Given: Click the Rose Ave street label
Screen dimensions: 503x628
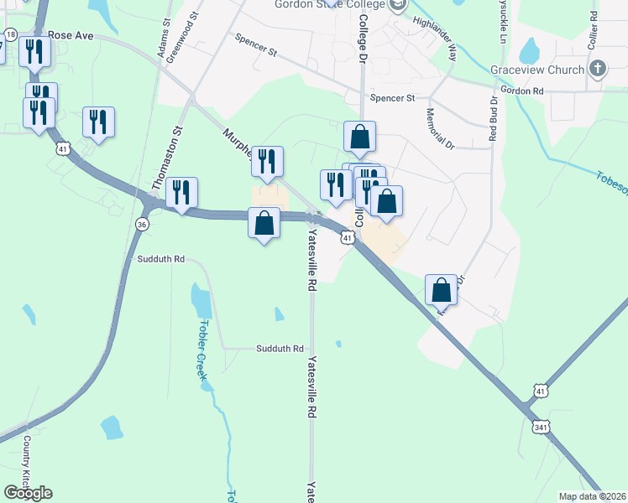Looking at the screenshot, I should [71, 37].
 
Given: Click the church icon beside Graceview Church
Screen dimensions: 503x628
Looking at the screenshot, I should [597, 69].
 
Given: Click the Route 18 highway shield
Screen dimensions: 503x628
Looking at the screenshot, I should [10, 34].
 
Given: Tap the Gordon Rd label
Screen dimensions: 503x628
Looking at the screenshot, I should [521, 90].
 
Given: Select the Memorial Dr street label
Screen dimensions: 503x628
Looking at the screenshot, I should [439, 128].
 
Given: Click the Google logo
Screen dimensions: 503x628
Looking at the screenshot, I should [28, 493].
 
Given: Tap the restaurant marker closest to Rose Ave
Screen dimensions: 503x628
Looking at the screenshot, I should [35, 52].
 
